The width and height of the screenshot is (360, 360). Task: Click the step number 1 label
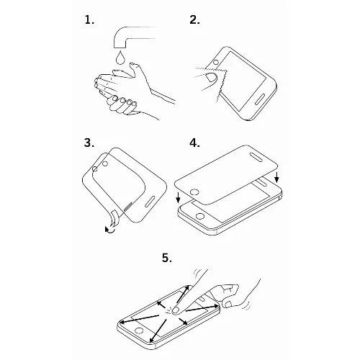pos(89,19)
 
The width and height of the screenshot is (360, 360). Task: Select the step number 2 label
pos(194,19)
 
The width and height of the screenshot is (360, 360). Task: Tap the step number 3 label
pos(89,143)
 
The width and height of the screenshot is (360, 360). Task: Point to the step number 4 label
pos(194,143)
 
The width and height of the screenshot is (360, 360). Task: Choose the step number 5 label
pos(167,258)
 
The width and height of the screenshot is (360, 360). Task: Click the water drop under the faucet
pos(120,58)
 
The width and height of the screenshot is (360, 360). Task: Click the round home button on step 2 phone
pos(216,62)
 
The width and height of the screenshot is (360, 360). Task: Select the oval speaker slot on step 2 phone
pos(260,99)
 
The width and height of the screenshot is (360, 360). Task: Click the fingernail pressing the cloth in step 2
pos(211,76)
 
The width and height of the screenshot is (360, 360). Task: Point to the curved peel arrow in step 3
pos(110,230)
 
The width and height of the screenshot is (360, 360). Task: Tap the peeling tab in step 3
pos(114,218)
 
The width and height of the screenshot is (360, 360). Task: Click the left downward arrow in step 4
pos(178,198)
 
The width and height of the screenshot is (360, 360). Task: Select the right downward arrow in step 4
pos(276,177)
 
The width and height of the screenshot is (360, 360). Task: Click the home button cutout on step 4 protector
pos(194,192)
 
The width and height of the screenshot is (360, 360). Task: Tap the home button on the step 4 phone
pos(200,216)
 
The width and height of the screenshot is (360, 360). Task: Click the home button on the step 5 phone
pos(139,330)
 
